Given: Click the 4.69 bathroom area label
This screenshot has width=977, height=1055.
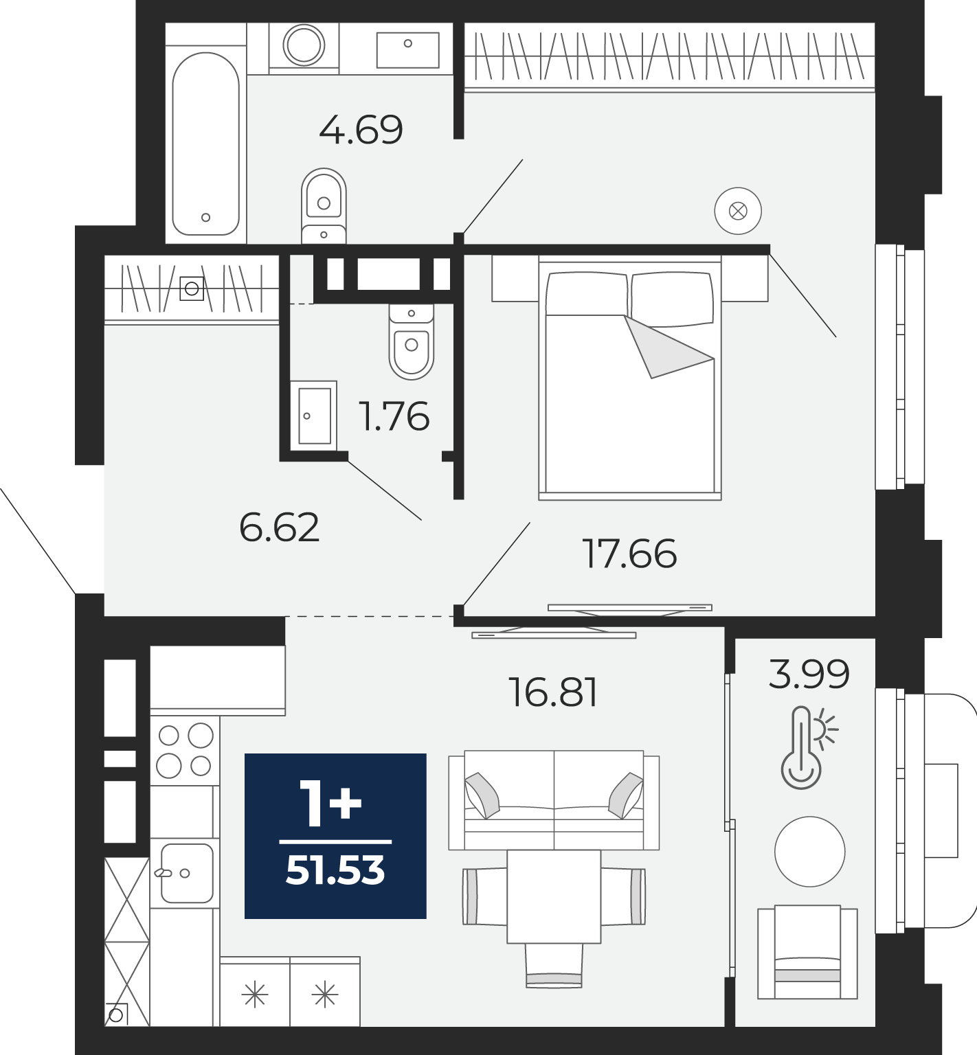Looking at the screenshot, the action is tap(361, 129).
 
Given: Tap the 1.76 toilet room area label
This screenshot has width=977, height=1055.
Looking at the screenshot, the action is tap(395, 416).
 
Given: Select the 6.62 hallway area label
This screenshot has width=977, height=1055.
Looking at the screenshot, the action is tap(280, 527).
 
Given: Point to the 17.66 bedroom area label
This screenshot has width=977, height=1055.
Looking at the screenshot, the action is tap(629, 554).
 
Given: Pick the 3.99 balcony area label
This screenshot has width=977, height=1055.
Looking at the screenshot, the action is tap(809, 673).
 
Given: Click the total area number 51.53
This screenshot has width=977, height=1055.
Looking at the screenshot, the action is tap(335, 871).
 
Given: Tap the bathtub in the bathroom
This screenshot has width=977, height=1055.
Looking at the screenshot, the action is tap(205, 144).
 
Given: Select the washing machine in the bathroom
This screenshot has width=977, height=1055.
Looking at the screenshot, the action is tap(304, 45).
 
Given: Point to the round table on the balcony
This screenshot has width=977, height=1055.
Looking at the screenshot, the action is tap(809, 852).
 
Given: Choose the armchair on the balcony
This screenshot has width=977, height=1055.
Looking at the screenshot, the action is tap(807, 952).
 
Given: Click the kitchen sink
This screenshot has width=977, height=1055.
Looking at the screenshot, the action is tap(186, 873).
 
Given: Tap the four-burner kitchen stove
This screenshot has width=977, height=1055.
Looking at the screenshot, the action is tap(185, 751).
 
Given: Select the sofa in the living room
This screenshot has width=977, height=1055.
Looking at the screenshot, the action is tap(554, 799).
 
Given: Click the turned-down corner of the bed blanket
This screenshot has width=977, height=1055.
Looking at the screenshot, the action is tap(667, 346).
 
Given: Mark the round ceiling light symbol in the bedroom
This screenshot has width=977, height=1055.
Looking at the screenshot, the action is tap(738, 211).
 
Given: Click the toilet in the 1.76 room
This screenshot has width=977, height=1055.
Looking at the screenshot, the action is tap(412, 340).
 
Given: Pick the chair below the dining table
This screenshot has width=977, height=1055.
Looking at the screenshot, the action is tap(554, 965).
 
